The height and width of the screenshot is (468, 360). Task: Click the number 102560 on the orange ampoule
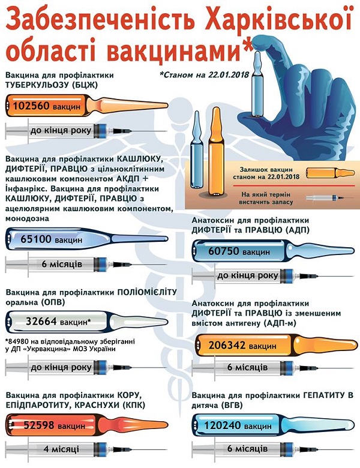click(x=31, y=106)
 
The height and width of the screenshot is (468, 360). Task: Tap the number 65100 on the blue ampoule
click(x=36, y=239)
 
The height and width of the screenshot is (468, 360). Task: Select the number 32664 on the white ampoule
click(x=41, y=321)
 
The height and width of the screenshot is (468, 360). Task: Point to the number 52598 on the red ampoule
click(x=39, y=425)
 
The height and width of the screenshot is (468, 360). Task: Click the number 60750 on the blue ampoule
click(x=224, y=251)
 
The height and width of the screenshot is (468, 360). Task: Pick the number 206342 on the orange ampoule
click(x=227, y=346)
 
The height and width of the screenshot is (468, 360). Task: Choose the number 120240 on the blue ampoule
click(x=223, y=425)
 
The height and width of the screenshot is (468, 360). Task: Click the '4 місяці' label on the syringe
click(x=61, y=449)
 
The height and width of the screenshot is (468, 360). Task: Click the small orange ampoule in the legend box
click(x=331, y=173)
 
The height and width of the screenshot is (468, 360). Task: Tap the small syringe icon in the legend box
click(x=330, y=197)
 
